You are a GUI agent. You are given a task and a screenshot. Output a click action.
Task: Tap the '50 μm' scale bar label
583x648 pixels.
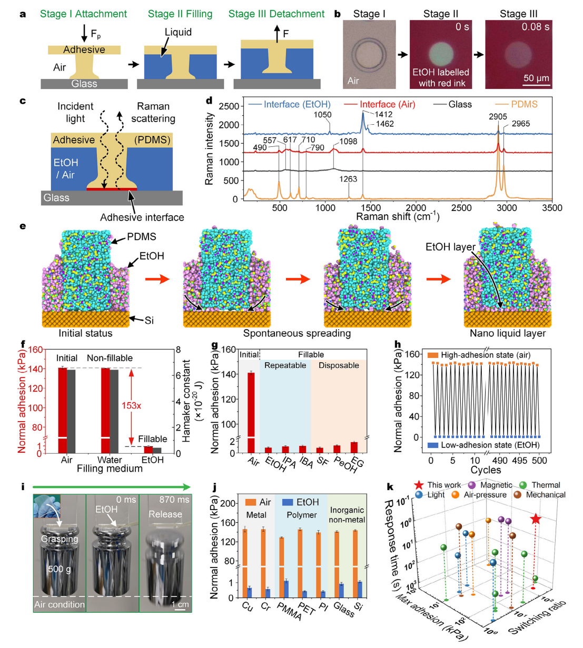[x=536, y=78]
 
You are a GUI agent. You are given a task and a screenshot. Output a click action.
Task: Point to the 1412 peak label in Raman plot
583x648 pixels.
[x=383, y=114]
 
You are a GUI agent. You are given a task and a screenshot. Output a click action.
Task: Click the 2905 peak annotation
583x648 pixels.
[x=498, y=116]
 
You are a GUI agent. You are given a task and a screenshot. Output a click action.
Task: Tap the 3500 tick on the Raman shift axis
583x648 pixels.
[x=552, y=208]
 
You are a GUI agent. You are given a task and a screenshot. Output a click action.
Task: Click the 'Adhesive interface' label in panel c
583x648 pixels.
[x=142, y=217]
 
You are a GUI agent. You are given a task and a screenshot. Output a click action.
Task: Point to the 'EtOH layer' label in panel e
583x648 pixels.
[x=450, y=246]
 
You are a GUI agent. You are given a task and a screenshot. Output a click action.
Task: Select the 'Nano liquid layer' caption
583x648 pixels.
[x=507, y=333]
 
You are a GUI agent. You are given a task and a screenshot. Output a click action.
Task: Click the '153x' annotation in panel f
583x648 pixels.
[x=131, y=405]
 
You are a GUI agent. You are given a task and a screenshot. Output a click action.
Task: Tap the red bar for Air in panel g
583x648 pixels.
[x=251, y=411]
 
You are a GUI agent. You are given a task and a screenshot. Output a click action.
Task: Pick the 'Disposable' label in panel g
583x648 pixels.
[x=339, y=365]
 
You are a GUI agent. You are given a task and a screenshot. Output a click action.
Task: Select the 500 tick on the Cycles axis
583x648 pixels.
[x=539, y=461]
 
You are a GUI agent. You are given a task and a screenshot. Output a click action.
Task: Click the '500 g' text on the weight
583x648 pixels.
[x=59, y=569]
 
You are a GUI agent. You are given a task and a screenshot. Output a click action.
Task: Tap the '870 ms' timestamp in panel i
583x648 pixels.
[x=174, y=500]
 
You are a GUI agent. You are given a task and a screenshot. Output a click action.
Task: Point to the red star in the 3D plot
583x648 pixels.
[x=536, y=520]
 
